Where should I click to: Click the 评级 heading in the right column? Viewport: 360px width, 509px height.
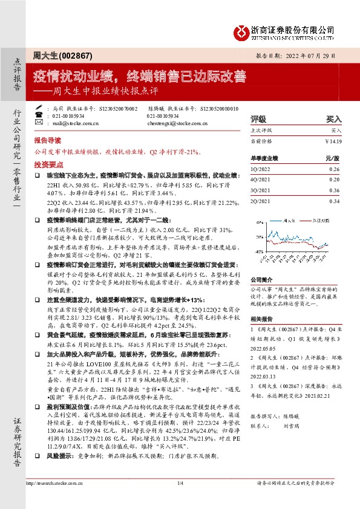258,120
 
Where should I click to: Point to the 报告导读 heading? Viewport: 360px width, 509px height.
46,138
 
